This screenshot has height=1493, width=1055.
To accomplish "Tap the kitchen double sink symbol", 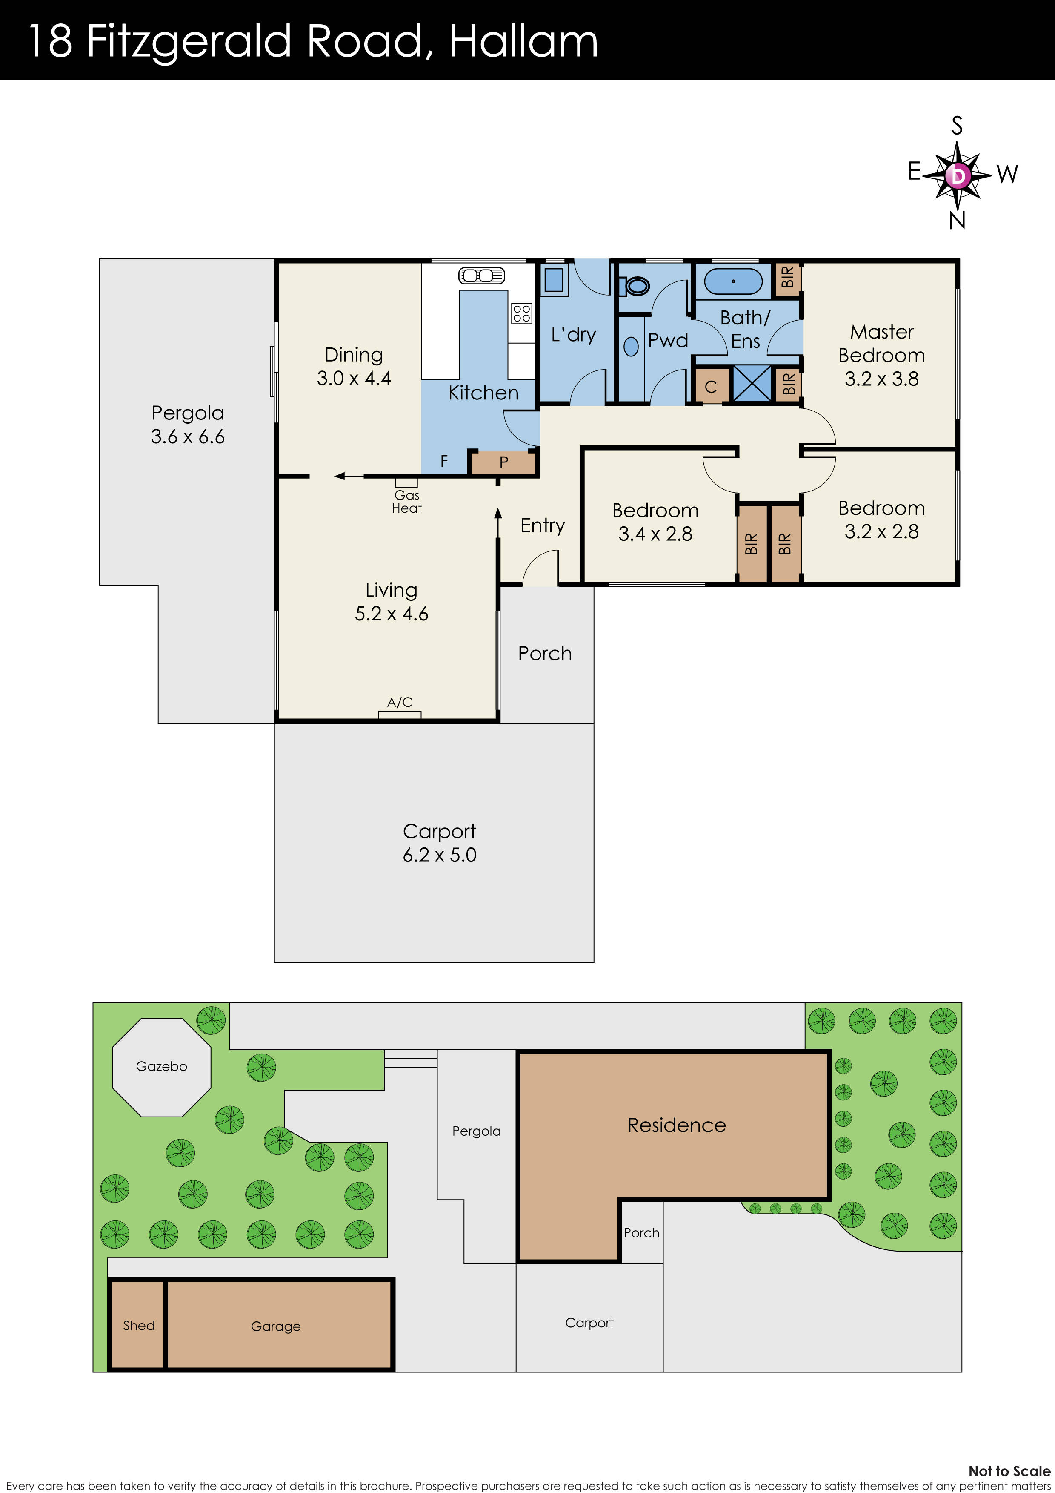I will tap(481, 276).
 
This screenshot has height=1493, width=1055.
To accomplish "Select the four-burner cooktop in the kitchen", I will tap(521, 313).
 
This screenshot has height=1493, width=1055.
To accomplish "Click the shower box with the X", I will tap(752, 383).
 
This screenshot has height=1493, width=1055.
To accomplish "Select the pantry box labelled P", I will tap(503, 462).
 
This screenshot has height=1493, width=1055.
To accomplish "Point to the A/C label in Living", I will tap(399, 702).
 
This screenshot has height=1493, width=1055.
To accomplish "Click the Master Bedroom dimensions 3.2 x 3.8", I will tap(881, 379).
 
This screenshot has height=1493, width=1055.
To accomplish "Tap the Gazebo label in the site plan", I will tap(161, 1066).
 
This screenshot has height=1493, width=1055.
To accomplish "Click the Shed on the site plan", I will tap(138, 1325).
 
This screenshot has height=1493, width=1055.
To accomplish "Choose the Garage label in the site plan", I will tap(276, 1326).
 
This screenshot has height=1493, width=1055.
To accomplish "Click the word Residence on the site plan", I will tap(676, 1125).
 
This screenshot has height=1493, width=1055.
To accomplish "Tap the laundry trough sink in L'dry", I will tap(554, 279).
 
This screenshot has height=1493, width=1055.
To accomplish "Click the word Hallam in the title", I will tap(523, 41).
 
